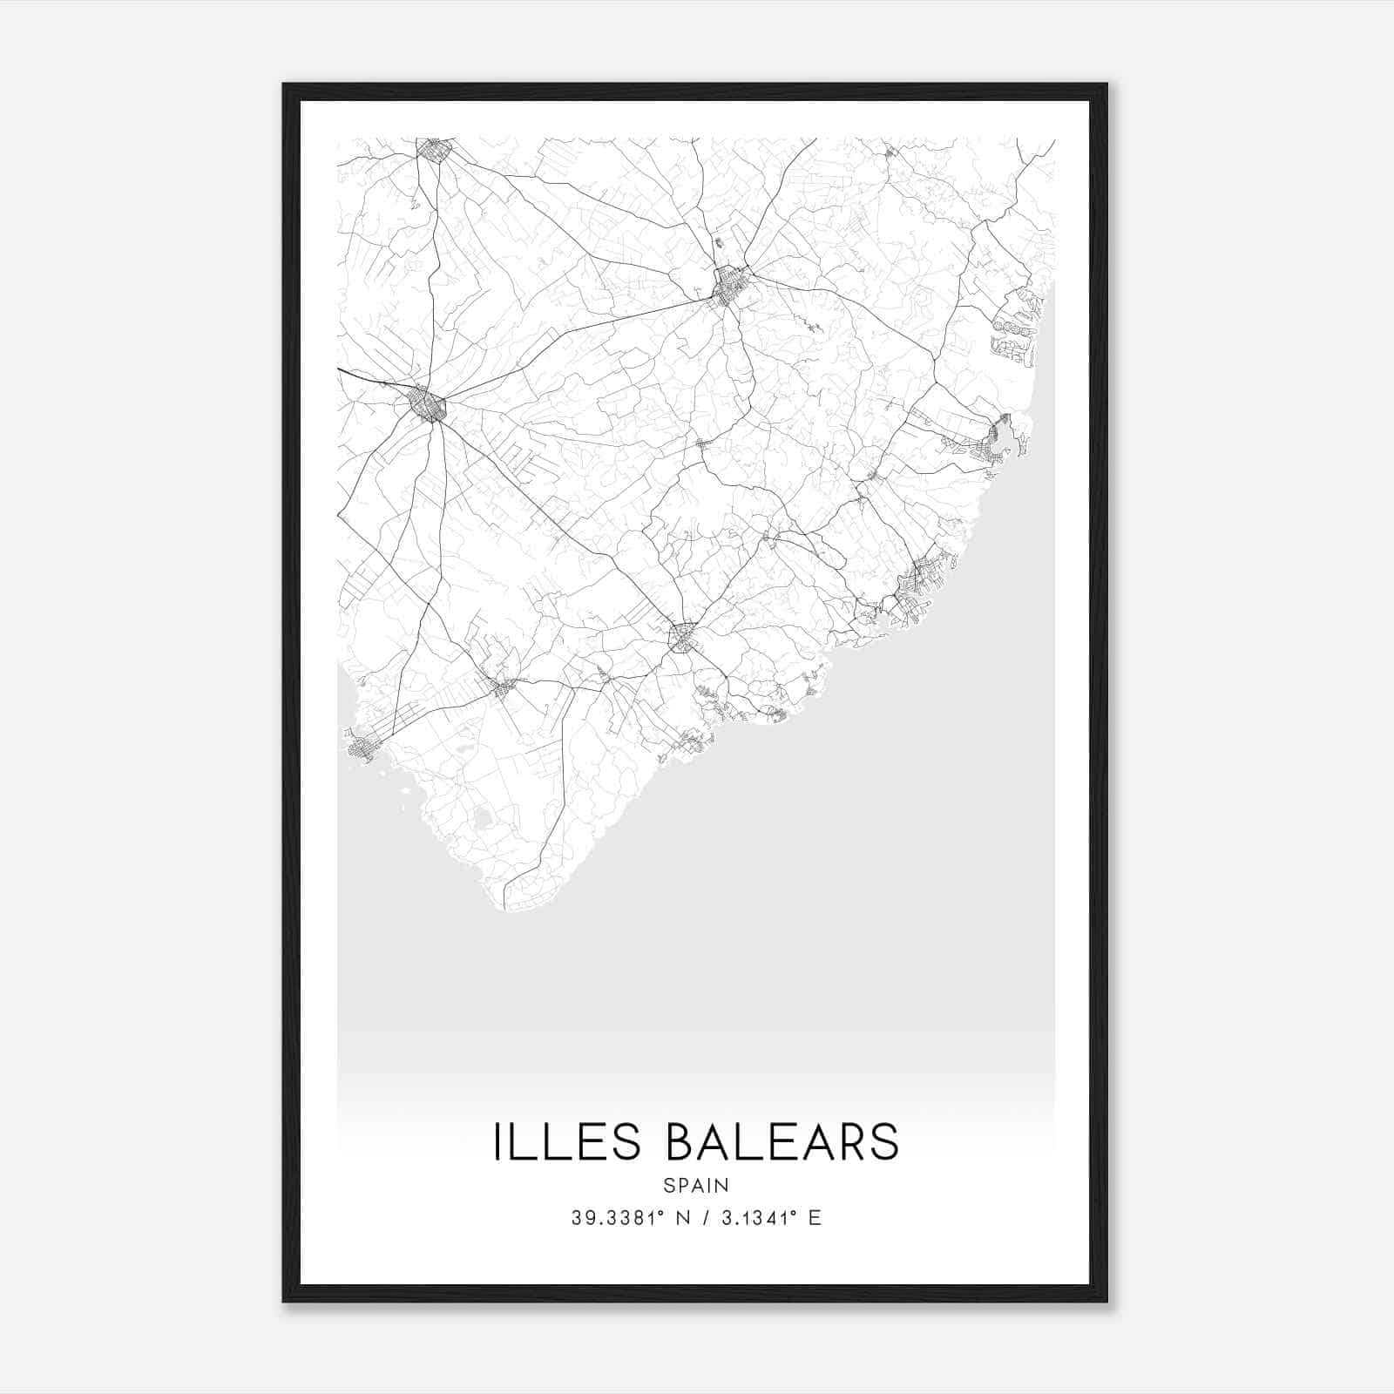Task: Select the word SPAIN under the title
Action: click(x=696, y=1185)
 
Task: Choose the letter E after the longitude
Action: click(x=815, y=1218)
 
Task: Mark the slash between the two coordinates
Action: click(x=701, y=1218)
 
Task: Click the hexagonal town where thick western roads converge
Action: click(x=428, y=405)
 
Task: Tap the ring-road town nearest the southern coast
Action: click(x=682, y=638)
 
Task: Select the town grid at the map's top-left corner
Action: click(x=433, y=152)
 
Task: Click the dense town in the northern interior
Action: click(x=729, y=286)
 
